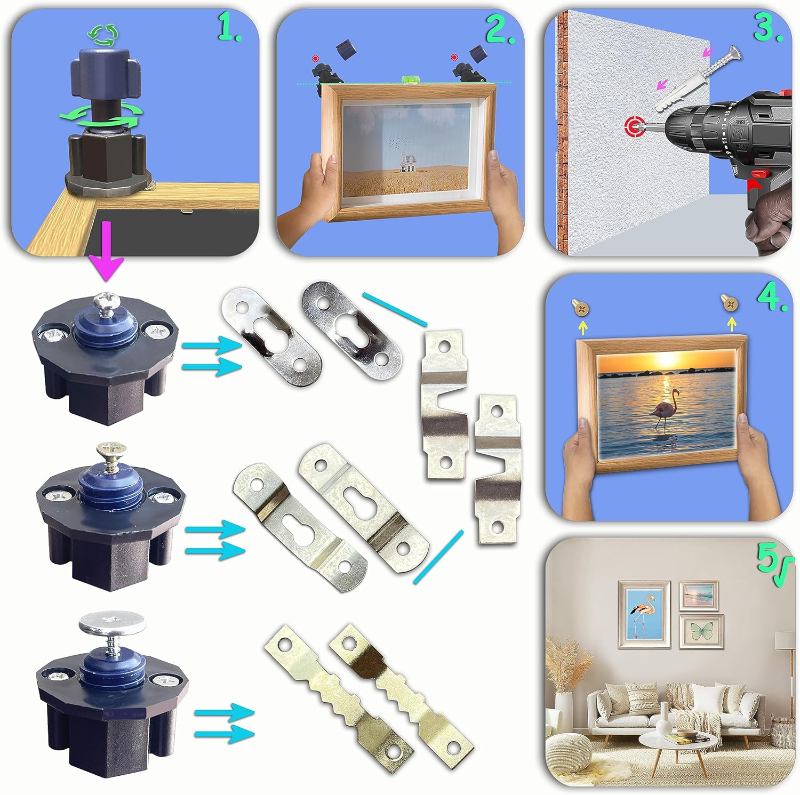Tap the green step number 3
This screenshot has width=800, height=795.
click(x=767, y=29)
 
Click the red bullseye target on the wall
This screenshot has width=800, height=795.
click(x=634, y=127)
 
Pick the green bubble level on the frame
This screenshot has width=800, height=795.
click(x=410, y=79)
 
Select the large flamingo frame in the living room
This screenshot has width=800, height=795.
click(x=644, y=614)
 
